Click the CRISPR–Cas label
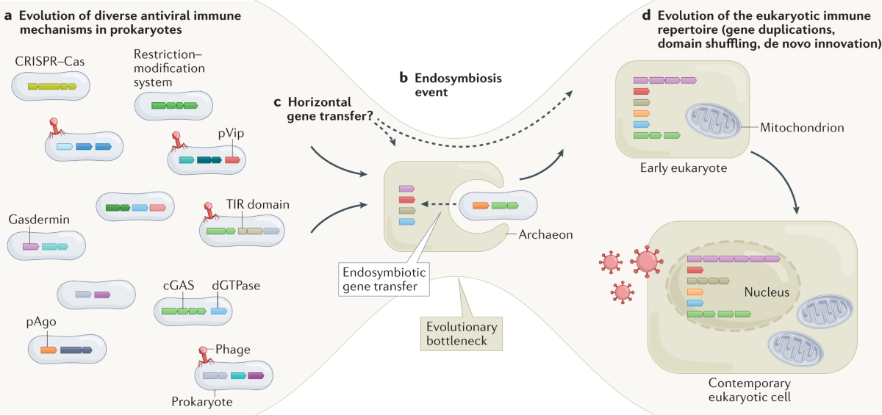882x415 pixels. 49,62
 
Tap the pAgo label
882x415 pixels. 41,322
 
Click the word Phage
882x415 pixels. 234,350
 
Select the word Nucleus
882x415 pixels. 764,292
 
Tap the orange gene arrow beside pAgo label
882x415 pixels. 49,350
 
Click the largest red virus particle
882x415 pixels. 647,260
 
